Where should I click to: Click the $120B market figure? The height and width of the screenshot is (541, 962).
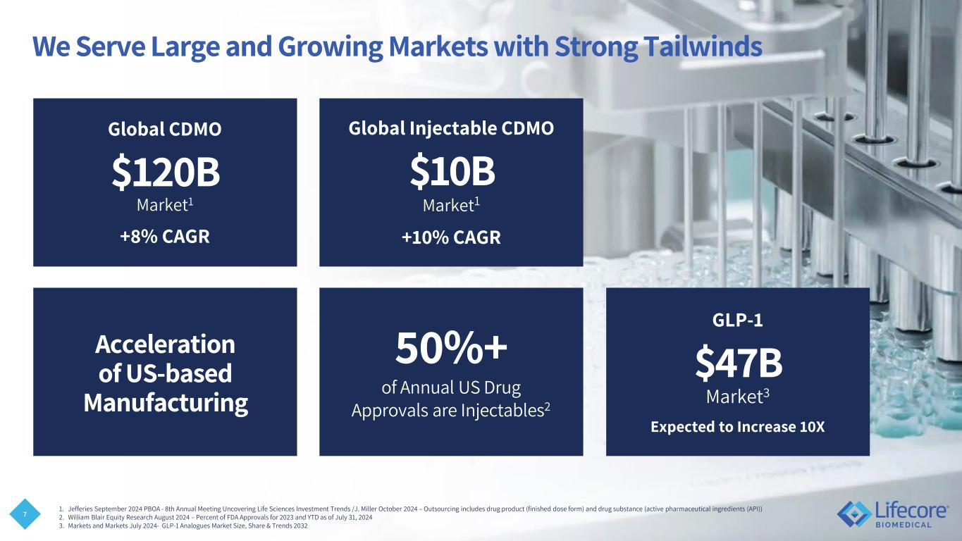[x=166, y=172]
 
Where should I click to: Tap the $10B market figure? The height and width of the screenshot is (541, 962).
[x=452, y=171]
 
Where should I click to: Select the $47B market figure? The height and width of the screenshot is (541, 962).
[x=739, y=363]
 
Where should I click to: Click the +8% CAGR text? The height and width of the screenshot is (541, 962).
[x=165, y=237]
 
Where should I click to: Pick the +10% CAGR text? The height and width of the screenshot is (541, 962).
[x=451, y=237]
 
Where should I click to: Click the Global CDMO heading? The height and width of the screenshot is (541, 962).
[x=165, y=129]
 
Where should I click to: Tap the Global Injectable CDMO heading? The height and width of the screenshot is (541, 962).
[x=451, y=128]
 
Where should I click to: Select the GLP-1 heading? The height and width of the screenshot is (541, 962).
[x=738, y=321]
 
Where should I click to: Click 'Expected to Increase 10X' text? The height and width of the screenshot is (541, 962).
[x=738, y=427]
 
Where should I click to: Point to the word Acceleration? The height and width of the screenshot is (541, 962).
[x=165, y=344]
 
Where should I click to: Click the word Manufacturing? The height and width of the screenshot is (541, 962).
[x=166, y=403]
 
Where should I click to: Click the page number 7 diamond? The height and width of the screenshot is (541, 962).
[x=25, y=514]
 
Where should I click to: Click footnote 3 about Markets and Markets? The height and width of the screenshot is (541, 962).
[x=183, y=526]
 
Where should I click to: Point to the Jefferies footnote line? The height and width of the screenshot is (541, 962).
[x=411, y=509]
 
